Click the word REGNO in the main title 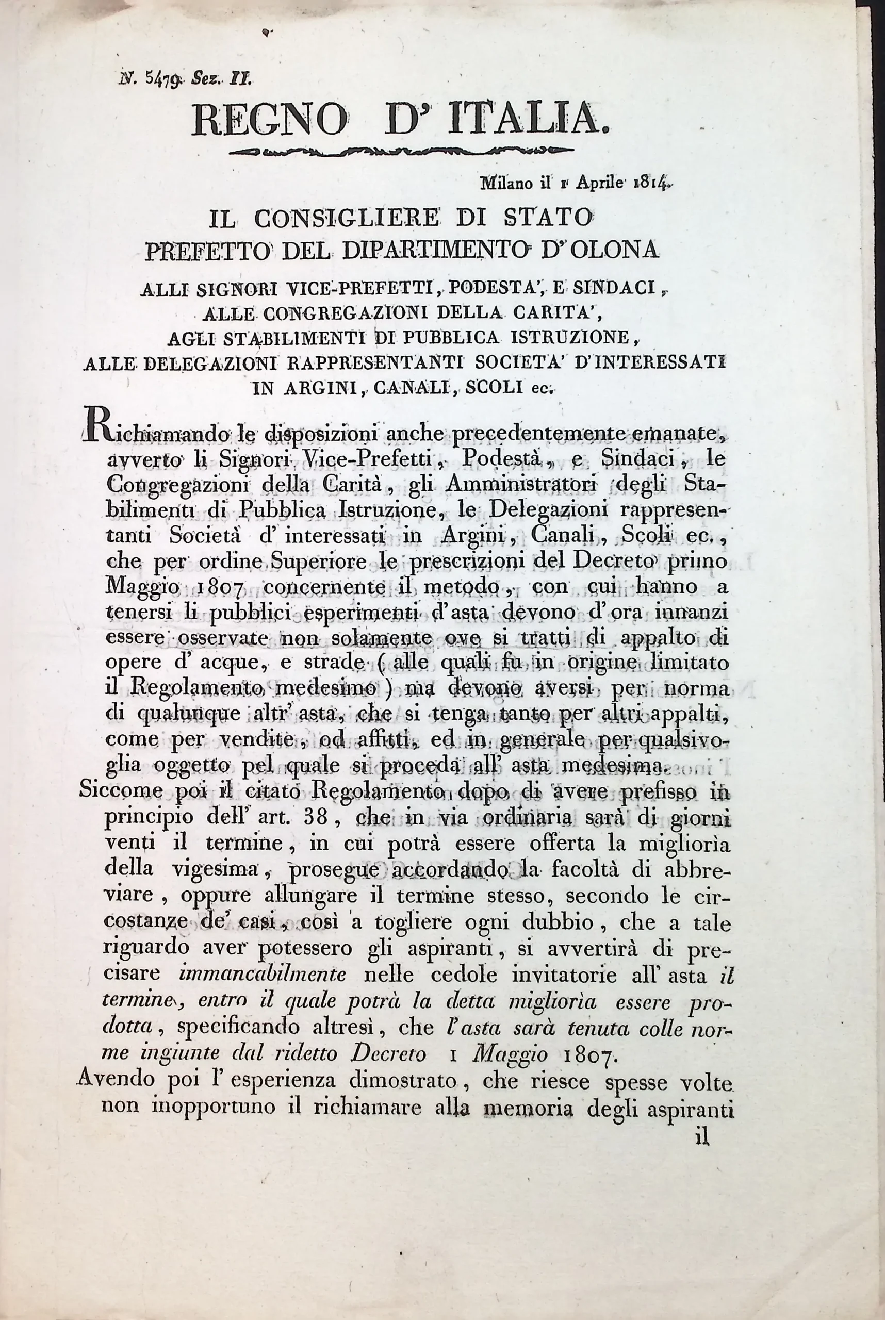point(270,120)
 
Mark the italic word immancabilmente point(265,975)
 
